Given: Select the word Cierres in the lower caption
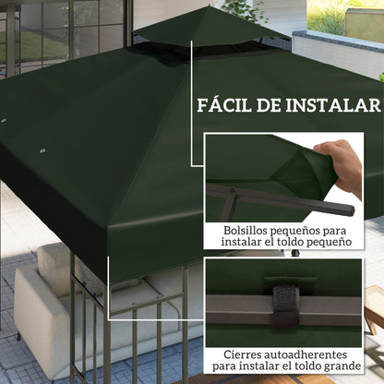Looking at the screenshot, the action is pos(240,354).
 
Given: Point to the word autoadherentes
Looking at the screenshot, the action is pos(303,354).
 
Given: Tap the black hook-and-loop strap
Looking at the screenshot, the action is pos(286,306).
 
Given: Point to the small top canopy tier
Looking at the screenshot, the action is pos(211,29).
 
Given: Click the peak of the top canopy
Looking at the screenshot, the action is pos(208,6).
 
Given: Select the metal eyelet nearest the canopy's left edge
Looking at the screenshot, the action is pos(4,121).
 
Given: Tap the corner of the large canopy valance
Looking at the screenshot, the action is pos(108,229).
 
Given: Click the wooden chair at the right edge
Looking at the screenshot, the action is pos(374,307).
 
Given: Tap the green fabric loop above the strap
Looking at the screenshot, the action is pos(290,280).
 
